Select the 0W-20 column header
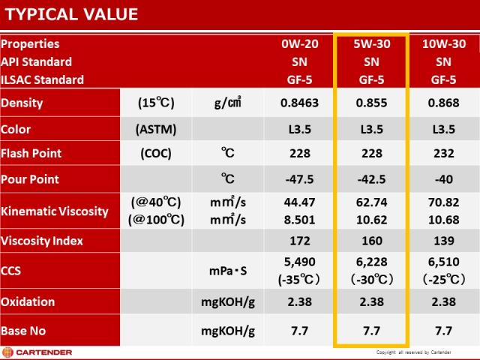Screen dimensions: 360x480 (x=299, y=43)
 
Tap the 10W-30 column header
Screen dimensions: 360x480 (x=443, y=43)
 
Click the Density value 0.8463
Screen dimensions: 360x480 (x=299, y=103)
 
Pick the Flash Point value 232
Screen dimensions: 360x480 (x=443, y=153)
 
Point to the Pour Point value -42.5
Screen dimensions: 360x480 (x=372, y=179)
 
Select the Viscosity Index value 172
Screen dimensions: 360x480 (x=299, y=241)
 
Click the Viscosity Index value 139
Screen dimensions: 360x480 (x=443, y=241)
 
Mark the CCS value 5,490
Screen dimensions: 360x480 (x=299, y=263)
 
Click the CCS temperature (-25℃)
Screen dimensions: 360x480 (x=443, y=279)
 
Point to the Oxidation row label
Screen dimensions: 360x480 (x=28, y=301)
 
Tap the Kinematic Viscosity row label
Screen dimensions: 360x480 (x=55, y=211)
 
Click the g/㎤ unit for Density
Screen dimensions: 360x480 (x=228, y=103)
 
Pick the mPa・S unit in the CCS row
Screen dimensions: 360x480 (x=228, y=271)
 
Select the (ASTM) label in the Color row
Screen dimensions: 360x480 (x=156, y=129)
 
